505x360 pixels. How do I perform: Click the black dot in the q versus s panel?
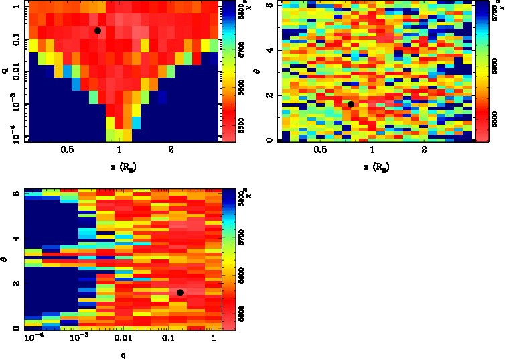(98, 30)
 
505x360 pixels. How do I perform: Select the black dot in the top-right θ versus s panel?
(351, 104)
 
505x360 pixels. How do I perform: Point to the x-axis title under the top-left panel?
(118, 165)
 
